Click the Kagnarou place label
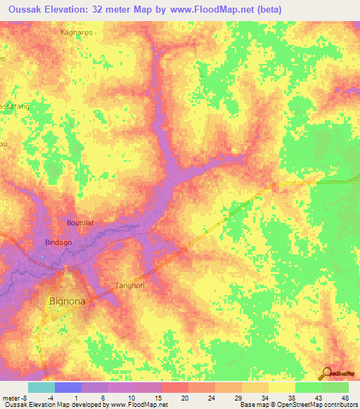(77, 32)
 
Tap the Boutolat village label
(79, 223)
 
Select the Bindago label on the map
(49, 242)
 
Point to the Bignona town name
(68, 301)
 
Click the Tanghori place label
(129, 285)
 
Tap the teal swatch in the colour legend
(41, 387)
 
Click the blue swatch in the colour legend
(67, 387)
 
